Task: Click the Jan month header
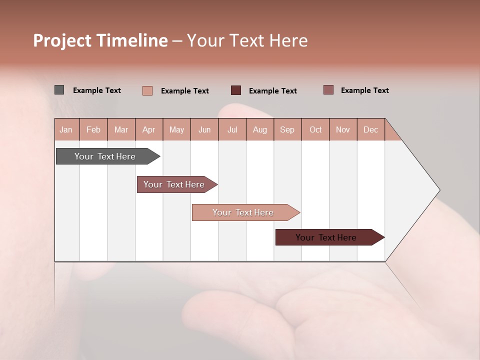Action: (66, 129)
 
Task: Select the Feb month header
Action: (93, 129)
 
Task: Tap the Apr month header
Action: (148, 129)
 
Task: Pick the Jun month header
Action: (204, 129)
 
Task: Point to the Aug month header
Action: (259, 129)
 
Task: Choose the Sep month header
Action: (287, 129)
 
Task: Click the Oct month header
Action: (315, 129)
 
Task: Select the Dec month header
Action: (370, 129)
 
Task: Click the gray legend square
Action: (59, 90)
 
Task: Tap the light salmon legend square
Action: (147, 90)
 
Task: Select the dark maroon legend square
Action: (236, 90)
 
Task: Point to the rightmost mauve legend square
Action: (328, 90)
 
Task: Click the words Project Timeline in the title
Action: (100, 40)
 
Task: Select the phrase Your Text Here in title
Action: (247, 40)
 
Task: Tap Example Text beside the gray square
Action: (97, 90)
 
